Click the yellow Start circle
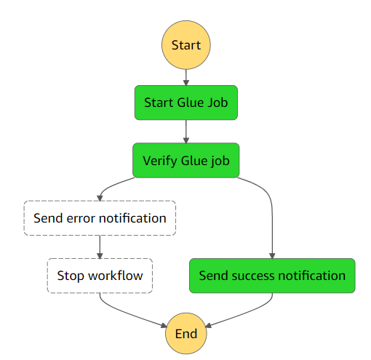(186, 45)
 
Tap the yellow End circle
(186, 333)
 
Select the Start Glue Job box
(186, 103)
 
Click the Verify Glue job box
(186, 160)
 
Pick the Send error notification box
(100, 218)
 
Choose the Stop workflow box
(100, 276)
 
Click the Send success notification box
(272, 276)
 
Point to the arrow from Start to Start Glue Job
(186, 78)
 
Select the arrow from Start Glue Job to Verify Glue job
(186, 132)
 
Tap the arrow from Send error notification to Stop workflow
(100, 247)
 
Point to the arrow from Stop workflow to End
(126, 313)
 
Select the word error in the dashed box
(81, 218)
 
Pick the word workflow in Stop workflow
(116, 276)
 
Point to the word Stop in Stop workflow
(71, 276)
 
